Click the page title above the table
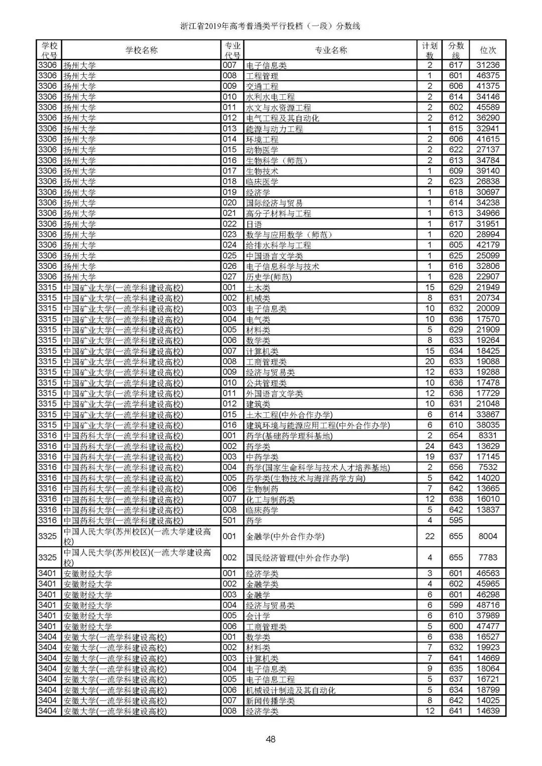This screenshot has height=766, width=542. coord(270,26)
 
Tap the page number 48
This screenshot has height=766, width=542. coord(270,739)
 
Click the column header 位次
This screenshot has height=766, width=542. coord(487,50)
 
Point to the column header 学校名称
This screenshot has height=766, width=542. coord(141,50)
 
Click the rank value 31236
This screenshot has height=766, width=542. coord(488,65)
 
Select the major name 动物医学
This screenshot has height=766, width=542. coord(262,150)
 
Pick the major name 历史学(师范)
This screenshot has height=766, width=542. coord(268,277)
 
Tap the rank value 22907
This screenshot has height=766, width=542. coord(488,277)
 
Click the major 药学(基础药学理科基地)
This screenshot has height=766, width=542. coord(289,436)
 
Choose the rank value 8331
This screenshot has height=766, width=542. coord(488,436)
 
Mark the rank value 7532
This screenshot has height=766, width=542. coord(488,468)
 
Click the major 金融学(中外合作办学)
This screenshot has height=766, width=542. coord(285,536)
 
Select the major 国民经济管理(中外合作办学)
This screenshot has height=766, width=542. coord(297,557)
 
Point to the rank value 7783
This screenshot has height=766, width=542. coord(488,557)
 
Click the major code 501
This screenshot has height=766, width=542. coord(229,521)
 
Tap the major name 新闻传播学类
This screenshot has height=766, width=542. coord(270,701)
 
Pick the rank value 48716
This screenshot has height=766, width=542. coord(488,605)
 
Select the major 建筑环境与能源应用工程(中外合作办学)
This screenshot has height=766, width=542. coord(318,425)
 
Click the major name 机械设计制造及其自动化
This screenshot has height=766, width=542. coord(291,690)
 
